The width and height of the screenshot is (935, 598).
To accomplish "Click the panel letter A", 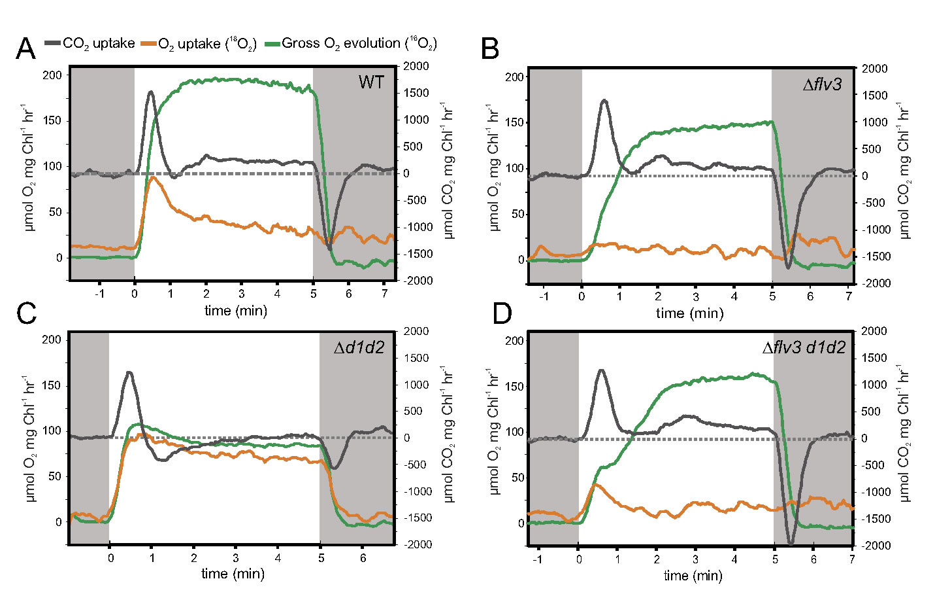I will pyautogui.click(x=25, y=50).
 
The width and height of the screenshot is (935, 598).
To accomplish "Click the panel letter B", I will pyautogui.click(x=490, y=50).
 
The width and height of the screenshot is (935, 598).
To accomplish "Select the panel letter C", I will pyautogui.click(x=26, y=313).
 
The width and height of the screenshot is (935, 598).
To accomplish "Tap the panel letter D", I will pyautogui.click(x=502, y=313).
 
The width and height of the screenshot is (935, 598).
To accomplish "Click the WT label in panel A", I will pyautogui.click(x=371, y=82).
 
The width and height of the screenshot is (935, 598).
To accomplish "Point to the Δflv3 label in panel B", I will pyautogui.click(x=822, y=84).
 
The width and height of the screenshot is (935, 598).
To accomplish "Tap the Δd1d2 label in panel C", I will pyautogui.click(x=359, y=347).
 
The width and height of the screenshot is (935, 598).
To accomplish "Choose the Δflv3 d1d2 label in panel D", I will pyautogui.click(x=804, y=347).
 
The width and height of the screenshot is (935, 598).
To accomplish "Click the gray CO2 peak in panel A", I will pyautogui.click(x=151, y=92).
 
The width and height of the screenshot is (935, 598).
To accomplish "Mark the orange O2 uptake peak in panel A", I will pyautogui.click(x=153, y=177).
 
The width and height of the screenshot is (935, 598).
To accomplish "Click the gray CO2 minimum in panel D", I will pyautogui.click(x=791, y=543).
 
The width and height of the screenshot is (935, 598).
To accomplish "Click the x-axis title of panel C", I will pyautogui.click(x=233, y=574).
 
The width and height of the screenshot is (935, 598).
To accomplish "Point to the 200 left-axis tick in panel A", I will pyautogui.click(x=52, y=75).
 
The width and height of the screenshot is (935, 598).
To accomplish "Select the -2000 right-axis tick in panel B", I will pyautogui.click(x=875, y=283).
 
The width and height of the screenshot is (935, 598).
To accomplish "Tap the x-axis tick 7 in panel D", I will pyautogui.click(x=852, y=560).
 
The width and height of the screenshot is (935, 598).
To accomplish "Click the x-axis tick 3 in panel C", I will pyautogui.click(x=236, y=558).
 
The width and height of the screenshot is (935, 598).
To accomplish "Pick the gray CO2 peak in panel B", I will pyautogui.click(x=604, y=101).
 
